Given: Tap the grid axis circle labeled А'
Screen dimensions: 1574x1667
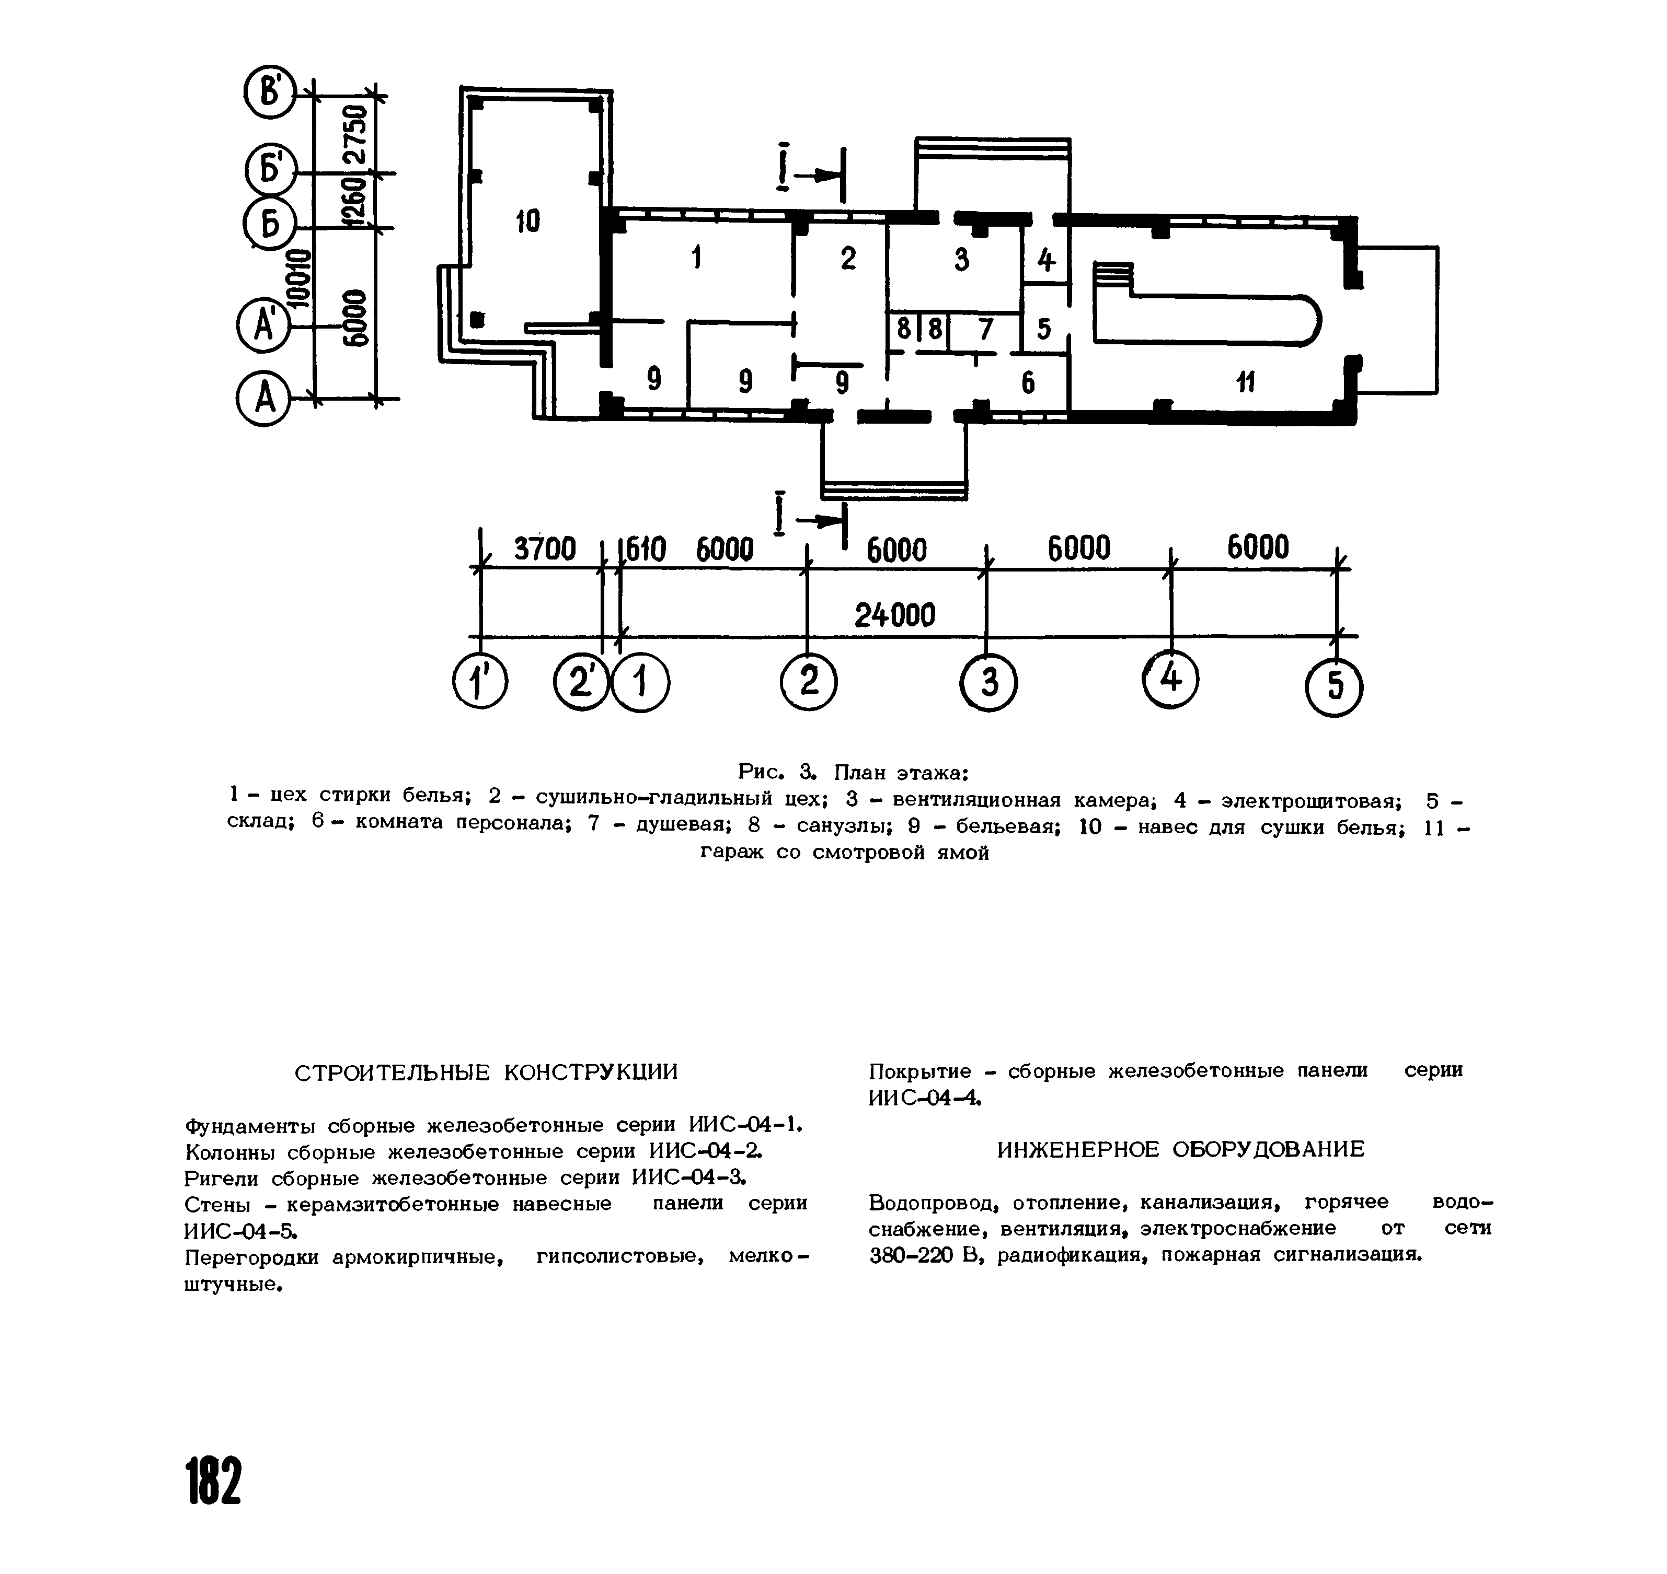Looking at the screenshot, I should (x=263, y=325).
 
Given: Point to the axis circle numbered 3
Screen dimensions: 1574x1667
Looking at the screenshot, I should (x=989, y=682).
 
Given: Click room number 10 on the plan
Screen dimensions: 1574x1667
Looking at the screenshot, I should (x=528, y=221).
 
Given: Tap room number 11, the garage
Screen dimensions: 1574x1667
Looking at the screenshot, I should (x=1246, y=382).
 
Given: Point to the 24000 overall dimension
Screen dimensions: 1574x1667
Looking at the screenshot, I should (x=895, y=616).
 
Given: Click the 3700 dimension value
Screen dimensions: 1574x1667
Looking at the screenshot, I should (x=545, y=550).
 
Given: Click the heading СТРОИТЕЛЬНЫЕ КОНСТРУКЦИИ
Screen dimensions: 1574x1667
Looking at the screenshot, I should (x=486, y=1072).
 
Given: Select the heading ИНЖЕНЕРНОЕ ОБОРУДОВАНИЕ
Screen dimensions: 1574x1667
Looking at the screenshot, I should (x=1181, y=1149).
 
